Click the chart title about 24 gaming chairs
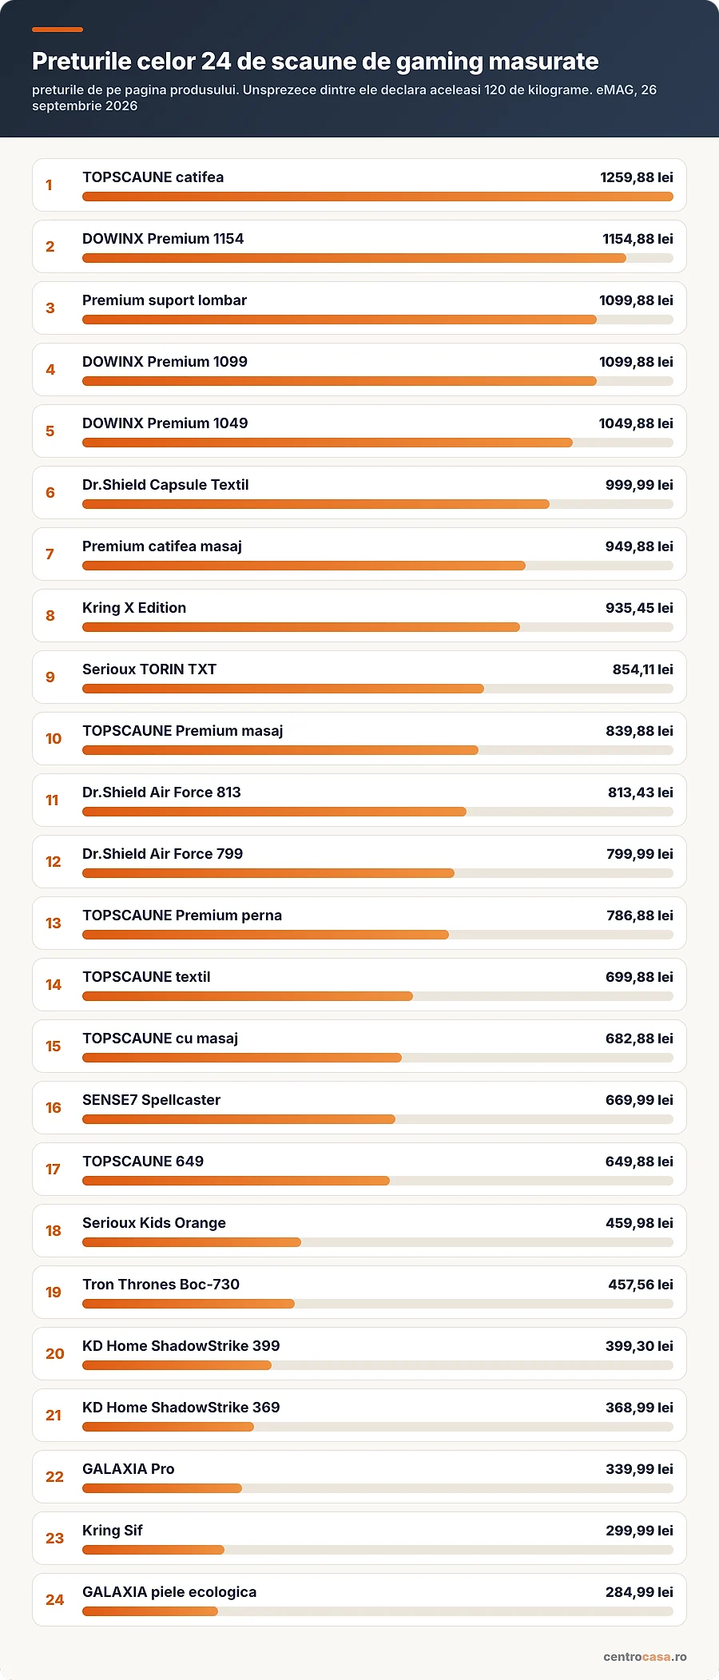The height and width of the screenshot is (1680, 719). pos(316,62)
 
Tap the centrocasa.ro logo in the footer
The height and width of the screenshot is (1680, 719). pos(645,1656)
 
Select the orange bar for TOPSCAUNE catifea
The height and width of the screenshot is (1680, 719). pos(378,197)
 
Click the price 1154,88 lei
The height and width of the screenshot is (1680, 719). pos(638,239)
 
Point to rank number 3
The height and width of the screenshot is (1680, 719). pos(50,308)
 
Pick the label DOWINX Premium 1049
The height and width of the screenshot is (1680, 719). pos(165,423)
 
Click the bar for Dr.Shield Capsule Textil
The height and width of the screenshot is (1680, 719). pos(316,504)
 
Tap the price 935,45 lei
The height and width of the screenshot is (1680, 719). pos(639,608)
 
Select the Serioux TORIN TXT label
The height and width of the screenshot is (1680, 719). pos(149,669)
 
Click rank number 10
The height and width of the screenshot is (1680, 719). pos(54,739)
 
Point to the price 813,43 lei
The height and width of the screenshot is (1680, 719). pos(641,792)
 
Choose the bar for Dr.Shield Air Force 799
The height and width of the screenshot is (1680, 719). pos(268,873)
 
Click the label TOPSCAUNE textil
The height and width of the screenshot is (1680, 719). pos(146,977)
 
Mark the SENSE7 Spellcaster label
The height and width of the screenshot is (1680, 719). pos(152,1100)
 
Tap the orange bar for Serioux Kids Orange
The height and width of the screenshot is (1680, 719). pos(192,1242)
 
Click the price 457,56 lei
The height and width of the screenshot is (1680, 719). pos(641,1285)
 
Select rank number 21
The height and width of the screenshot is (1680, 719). pos(54,1416)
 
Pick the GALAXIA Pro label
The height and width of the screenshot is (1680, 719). pos(129,1469)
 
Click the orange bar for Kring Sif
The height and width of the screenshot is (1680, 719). pos(153,1550)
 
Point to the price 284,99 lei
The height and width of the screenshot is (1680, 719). pos(639,1592)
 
